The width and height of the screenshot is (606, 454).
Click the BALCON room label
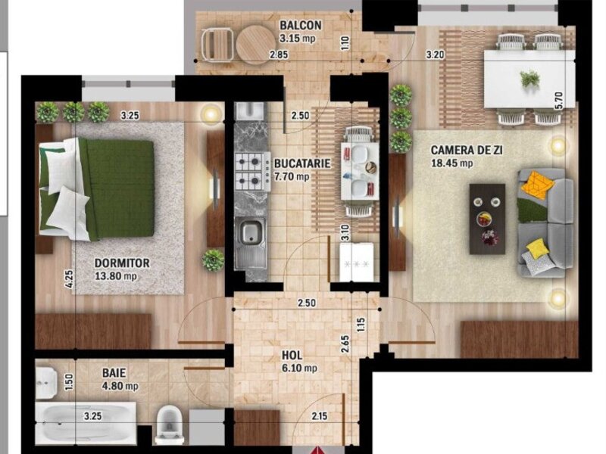(300, 25)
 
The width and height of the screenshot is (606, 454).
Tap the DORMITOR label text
(122, 263)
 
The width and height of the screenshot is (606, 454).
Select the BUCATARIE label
(302, 163)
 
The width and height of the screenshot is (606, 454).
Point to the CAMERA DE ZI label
(467, 150)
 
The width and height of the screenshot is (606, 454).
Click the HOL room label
(292, 355)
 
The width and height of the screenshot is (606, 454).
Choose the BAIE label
(114, 373)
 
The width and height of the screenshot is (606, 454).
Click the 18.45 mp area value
(451, 163)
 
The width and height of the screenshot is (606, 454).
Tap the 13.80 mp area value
(116, 276)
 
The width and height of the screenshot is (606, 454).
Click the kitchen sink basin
(251, 232)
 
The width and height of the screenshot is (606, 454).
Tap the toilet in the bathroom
(169, 424)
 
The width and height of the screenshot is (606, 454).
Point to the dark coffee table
(487, 219)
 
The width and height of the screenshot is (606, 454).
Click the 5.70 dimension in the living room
(558, 100)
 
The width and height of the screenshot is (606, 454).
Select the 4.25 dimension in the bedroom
(68, 279)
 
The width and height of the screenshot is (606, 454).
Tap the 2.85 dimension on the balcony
(279, 54)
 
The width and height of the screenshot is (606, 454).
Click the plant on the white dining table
(529, 79)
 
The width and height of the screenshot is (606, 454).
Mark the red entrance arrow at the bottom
(317, 449)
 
